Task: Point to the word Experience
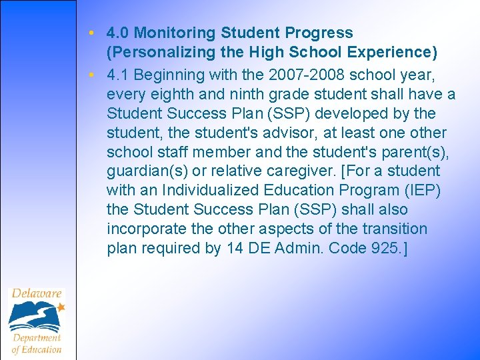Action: pos(392,52)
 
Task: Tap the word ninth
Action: pos(245,94)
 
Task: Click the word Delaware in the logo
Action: pos(36,293)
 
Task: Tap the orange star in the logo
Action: pos(61,307)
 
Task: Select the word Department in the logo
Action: pos(36,338)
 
